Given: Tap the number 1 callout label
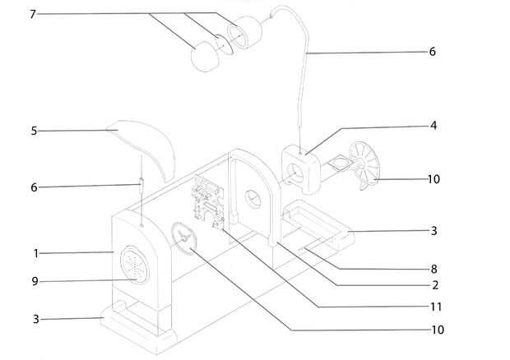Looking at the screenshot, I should [x=36, y=252].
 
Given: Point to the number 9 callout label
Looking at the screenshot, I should [x=35, y=281].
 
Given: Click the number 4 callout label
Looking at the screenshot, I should [x=432, y=126].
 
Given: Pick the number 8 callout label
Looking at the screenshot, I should [x=433, y=268].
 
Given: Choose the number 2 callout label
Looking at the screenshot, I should [x=433, y=285].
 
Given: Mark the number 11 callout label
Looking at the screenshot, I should [x=435, y=307].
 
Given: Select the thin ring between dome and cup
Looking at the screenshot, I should [x=224, y=41].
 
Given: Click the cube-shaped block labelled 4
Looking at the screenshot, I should [x=304, y=165].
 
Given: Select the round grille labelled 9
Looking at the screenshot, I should [x=132, y=265].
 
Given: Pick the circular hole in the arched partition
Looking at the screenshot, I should [x=253, y=198].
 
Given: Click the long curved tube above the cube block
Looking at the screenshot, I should [x=307, y=66].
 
